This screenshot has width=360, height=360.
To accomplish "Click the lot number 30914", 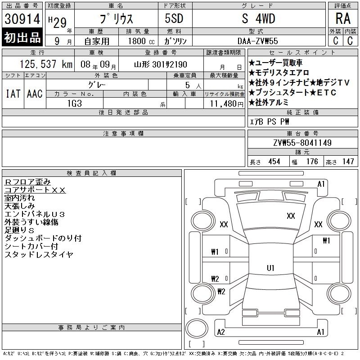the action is [x=22, y=18].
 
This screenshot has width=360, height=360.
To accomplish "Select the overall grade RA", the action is [x=343, y=18].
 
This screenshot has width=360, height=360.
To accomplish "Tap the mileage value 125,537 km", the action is [x=46, y=64].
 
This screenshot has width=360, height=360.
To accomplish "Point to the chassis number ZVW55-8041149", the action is [x=302, y=143].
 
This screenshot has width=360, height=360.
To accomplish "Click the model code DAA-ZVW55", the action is [x=257, y=41].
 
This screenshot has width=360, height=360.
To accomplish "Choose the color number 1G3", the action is [x=75, y=103].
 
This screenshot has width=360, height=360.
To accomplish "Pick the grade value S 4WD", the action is [x=258, y=18].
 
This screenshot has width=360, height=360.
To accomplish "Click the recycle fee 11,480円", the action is [x=227, y=104].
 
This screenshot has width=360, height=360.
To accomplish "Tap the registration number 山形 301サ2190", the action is [x=161, y=64].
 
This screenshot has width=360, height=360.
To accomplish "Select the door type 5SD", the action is [x=174, y=18].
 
